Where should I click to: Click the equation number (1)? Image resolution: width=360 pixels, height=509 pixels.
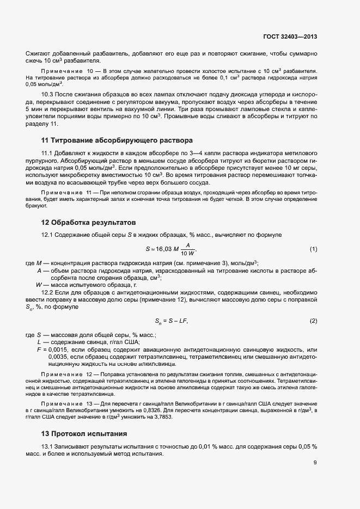(x=313, y=249)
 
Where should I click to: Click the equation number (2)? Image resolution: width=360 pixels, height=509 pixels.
(x=313, y=321)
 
